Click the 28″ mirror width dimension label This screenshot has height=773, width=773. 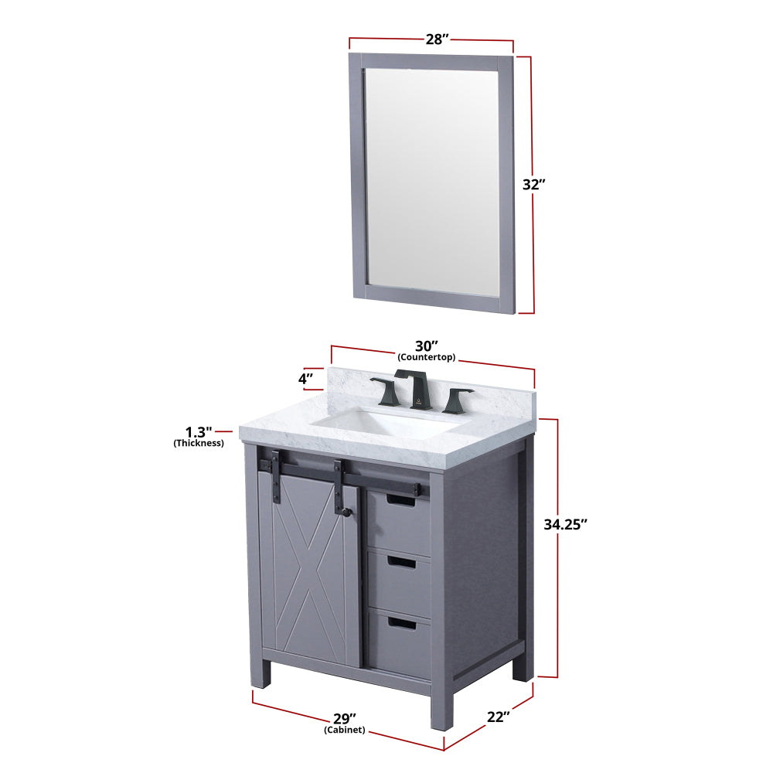tap(438, 39)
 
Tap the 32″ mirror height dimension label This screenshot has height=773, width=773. tap(534, 185)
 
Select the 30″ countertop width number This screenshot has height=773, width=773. tap(427, 346)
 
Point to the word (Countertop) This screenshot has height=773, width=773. tap(427, 357)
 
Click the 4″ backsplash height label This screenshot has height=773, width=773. tap(305, 379)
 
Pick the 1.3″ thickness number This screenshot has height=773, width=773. tap(199, 432)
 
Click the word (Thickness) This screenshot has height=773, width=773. tap(199, 443)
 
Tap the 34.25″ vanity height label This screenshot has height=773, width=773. tap(566, 525)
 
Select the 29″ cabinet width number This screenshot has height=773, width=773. tap(345, 719)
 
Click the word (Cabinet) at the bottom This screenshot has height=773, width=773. tap(345, 730)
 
